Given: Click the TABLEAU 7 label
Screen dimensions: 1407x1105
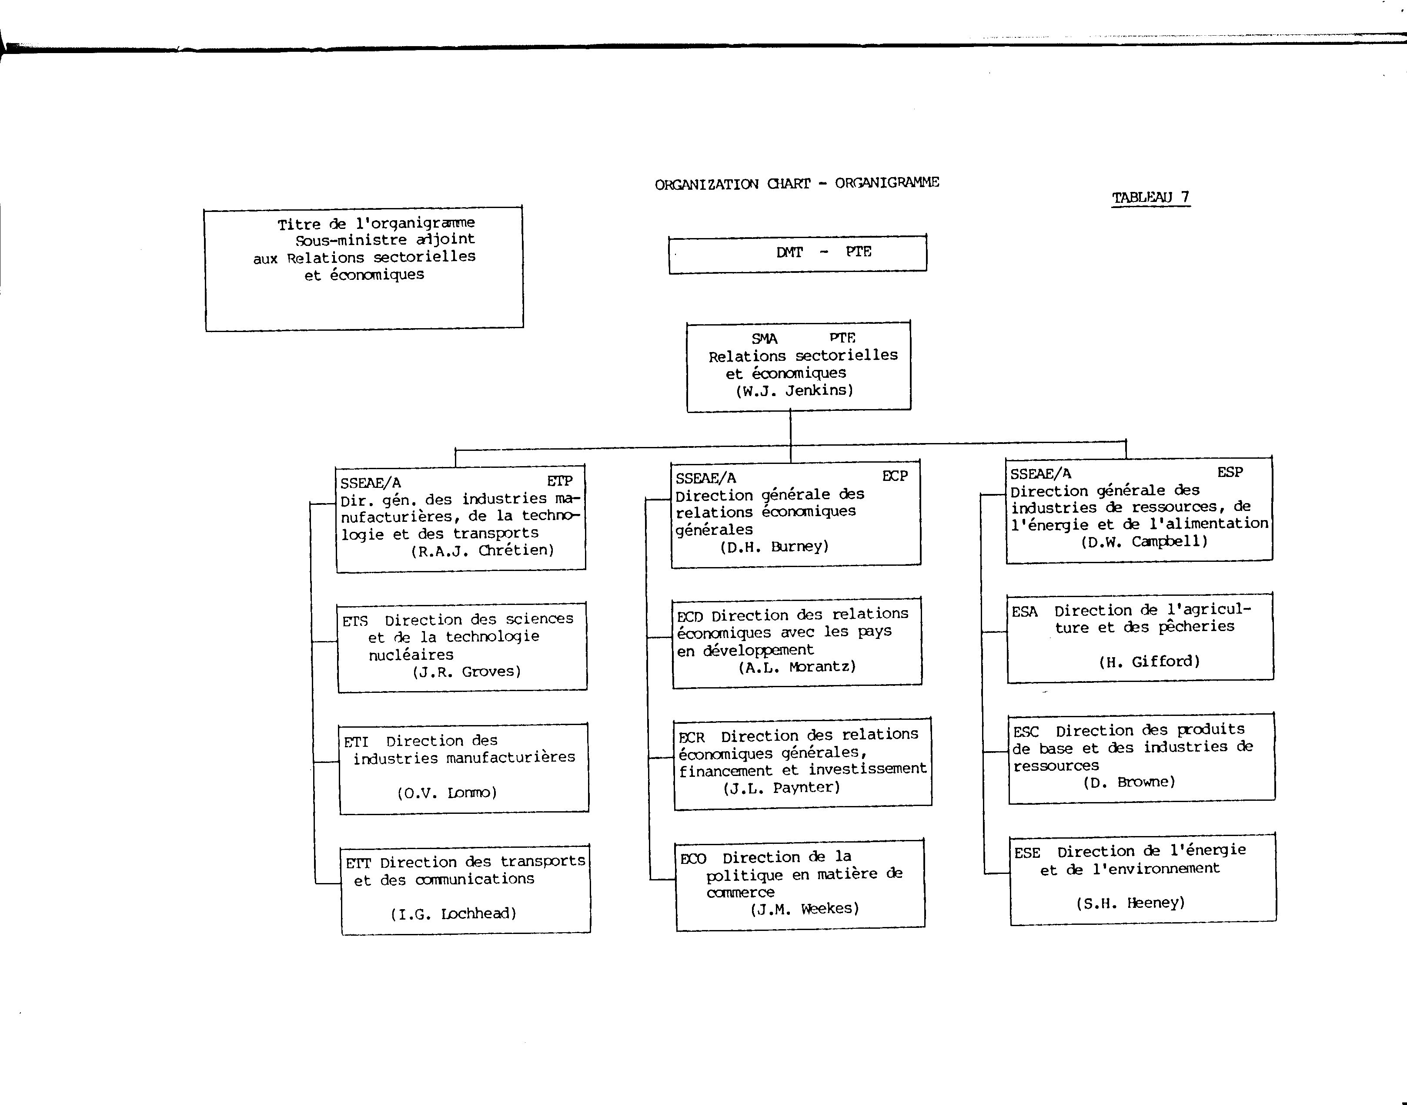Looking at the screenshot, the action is (x=1151, y=197).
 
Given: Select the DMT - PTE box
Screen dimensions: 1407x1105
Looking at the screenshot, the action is (x=797, y=254).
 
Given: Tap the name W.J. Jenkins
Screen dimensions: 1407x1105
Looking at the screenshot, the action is (x=795, y=390).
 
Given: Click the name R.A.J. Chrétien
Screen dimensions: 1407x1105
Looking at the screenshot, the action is (x=482, y=551).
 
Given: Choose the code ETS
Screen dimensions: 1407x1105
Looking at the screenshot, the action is (x=355, y=621).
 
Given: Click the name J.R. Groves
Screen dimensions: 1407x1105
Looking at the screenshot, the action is (x=467, y=672).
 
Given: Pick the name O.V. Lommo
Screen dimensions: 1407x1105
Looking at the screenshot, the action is (x=447, y=793).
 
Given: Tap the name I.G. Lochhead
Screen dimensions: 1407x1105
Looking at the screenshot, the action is (x=453, y=914).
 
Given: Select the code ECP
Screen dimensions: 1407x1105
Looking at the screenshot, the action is (x=895, y=476).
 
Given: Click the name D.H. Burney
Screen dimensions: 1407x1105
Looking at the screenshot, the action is (x=774, y=547).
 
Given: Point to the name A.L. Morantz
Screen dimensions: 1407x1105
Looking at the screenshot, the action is (x=797, y=666).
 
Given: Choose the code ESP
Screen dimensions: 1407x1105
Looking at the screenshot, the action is (x=1230, y=472).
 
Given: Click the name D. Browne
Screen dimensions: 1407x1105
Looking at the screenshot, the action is (x=1129, y=782).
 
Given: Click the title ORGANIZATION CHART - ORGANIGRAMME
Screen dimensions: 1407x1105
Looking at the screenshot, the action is (x=797, y=183).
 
